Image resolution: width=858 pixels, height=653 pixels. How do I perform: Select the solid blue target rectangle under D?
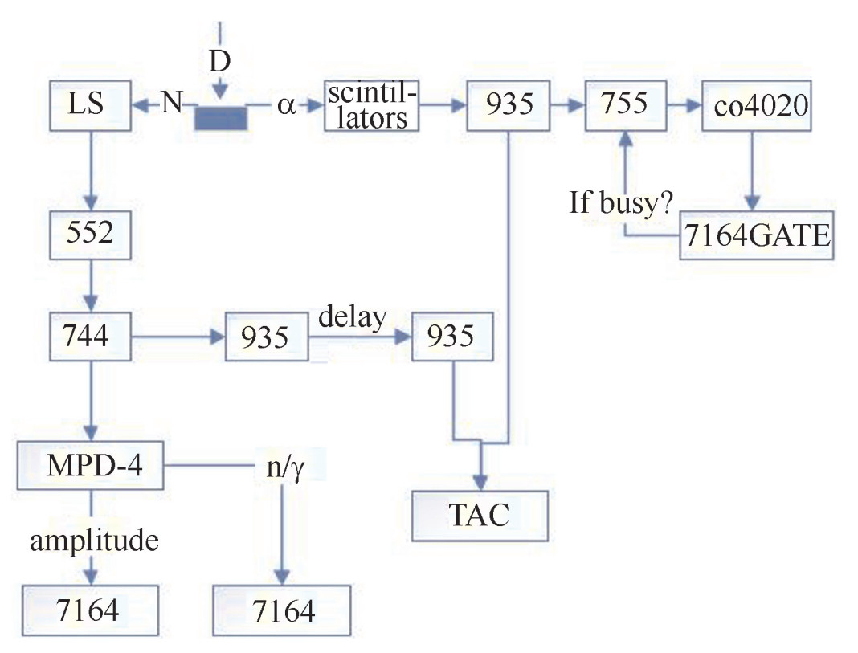(x=221, y=118)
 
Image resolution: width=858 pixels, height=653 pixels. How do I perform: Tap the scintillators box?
(x=371, y=104)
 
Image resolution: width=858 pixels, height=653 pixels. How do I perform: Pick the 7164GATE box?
(x=756, y=235)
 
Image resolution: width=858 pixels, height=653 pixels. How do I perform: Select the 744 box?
(x=89, y=337)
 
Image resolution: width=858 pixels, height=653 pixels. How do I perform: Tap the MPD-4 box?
(x=90, y=465)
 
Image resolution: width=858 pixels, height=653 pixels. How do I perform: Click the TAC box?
(x=480, y=515)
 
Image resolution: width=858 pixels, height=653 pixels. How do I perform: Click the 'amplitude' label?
(x=94, y=541)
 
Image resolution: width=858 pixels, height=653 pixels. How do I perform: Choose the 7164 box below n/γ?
(x=282, y=610)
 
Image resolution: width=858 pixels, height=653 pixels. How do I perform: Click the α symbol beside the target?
(x=287, y=105)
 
